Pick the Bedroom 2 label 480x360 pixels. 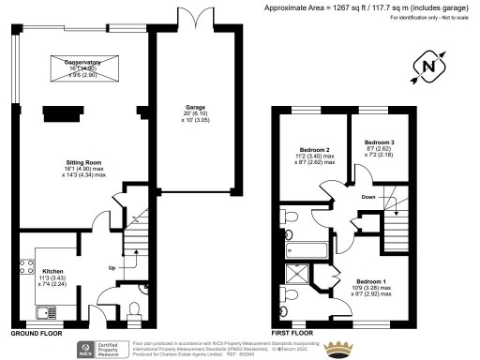(314, 149)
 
